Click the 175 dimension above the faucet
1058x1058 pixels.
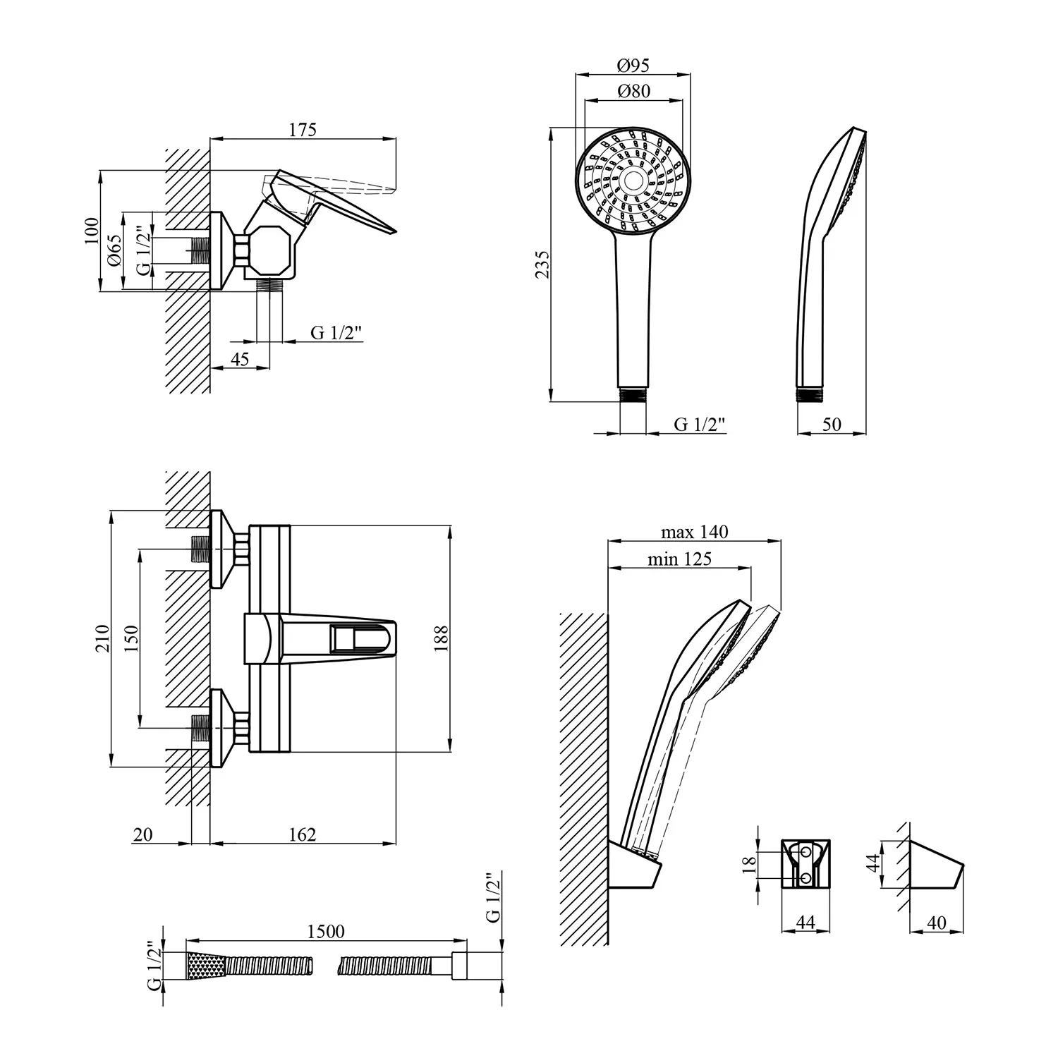(x=303, y=130)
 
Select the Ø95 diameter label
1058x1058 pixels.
(x=633, y=66)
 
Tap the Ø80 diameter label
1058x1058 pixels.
(x=633, y=91)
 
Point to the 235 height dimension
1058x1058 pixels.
(x=542, y=264)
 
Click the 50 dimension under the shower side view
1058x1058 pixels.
(x=832, y=424)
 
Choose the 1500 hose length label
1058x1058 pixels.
(x=326, y=932)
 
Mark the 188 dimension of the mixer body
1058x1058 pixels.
(x=442, y=638)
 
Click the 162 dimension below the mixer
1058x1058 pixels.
(x=303, y=834)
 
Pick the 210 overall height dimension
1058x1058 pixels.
(x=103, y=638)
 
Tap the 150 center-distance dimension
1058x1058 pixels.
(x=132, y=638)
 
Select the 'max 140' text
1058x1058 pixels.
(x=694, y=532)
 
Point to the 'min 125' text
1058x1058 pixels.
(x=679, y=559)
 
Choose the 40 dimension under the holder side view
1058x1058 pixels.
(x=937, y=922)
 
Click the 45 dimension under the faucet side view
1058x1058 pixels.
(x=240, y=359)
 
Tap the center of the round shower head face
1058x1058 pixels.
(x=633, y=180)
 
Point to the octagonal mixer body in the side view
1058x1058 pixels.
(x=272, y=251)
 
